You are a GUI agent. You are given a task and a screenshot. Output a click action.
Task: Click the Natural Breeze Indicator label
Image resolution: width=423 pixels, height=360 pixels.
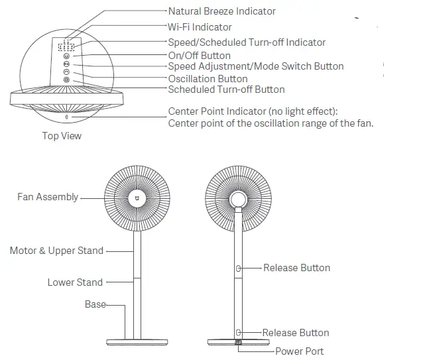[x=221, y=11]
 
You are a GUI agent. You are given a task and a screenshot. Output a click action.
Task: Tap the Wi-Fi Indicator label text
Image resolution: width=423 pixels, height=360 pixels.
[x=200, y=27]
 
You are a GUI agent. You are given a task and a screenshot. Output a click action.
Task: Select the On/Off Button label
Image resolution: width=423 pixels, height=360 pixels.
[x=199, y=56]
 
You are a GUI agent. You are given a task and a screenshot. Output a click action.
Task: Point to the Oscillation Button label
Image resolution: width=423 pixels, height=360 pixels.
[x=208, y=79]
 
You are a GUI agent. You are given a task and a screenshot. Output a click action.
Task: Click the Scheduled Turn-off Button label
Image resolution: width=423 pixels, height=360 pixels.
[x=226, y=90]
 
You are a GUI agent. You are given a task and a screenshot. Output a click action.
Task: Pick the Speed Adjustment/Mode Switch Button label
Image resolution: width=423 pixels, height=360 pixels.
[x=255, y=66]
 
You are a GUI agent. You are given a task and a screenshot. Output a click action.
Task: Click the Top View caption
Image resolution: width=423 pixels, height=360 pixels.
[x=62, y=136]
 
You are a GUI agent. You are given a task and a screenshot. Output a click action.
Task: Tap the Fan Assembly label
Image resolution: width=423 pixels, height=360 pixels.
[x=47, y=197]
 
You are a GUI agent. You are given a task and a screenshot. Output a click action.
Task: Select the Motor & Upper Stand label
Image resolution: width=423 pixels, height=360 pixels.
[x=56, y=251]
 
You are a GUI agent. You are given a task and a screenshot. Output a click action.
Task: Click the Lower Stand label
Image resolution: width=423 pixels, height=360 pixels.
[x=75, y=282]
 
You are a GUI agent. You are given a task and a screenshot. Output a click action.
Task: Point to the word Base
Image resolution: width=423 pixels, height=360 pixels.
[x=95, y=304]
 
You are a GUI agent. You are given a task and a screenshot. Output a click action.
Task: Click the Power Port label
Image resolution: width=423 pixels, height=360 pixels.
[x=300, y=351]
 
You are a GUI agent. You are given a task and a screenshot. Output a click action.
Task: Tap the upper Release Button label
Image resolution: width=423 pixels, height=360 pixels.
[x=296, y=268]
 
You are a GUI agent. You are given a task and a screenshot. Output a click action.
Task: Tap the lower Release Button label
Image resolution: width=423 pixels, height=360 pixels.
[x=295, y=333]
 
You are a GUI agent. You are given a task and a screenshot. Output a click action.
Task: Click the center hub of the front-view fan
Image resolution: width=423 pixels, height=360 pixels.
[x=138, y=198]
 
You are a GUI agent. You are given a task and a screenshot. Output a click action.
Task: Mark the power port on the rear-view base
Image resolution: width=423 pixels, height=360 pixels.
[x=238, y=343]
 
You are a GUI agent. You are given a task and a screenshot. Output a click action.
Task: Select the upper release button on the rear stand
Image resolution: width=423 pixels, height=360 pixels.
[x=238, y=268]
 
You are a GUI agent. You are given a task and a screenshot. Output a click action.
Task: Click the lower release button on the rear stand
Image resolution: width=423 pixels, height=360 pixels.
[x=238, y=332]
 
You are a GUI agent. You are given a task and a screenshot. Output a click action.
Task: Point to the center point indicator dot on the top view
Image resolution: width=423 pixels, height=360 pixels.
[x=66, y=117]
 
